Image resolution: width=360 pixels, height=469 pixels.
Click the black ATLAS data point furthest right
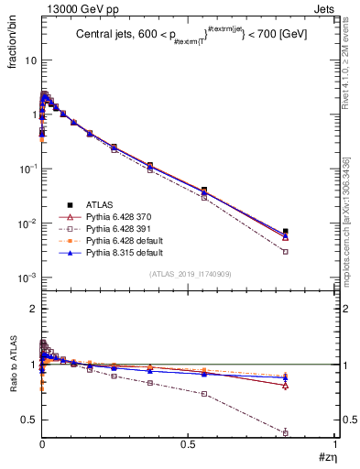311,232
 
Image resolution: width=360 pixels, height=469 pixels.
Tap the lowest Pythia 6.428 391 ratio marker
311,432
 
